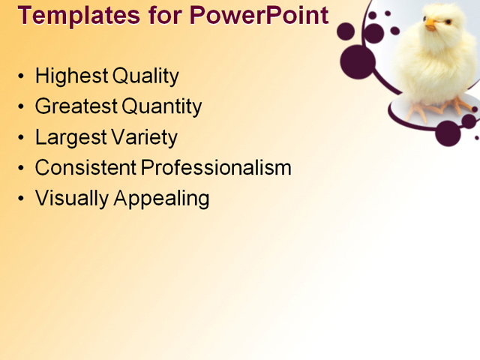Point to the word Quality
pyautogui.click(x=145, y=76)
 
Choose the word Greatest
pyautogui.click(x=76, y=106)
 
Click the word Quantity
pyautogui.click(x=162, y=107)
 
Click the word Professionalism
pyautogui.click(x=217, y=168)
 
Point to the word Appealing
pyautogui.click(x=161, y=199)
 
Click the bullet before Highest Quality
pyautogui.click(x=20, y=76)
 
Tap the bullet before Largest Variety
pyautogui.click(x=20, y=138)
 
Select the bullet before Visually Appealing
pyautogui.click(x=20, y=199)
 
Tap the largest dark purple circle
pyautogui.click(x=357, y=62)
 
